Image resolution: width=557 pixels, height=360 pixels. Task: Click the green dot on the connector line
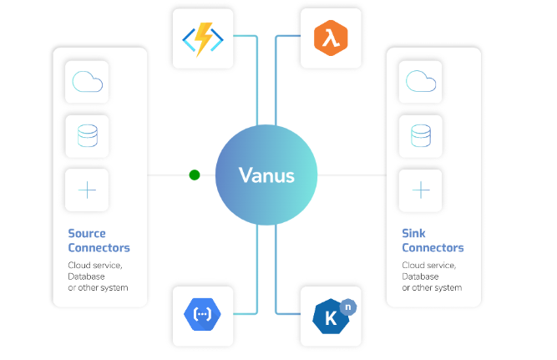point(195,175)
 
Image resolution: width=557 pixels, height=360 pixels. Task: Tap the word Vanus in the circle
point(266,175)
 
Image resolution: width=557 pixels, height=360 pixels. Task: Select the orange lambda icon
point(330,38)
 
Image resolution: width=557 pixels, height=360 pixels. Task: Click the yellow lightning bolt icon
point(203,38)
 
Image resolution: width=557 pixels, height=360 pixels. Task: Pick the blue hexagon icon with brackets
point(203,316)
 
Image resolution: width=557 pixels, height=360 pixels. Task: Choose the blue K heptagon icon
point(328,317)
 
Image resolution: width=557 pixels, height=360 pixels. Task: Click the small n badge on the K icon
point(347,306)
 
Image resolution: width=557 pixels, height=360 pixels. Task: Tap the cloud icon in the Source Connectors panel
point(87,81)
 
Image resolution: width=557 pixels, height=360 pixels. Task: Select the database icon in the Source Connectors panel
point(87,135)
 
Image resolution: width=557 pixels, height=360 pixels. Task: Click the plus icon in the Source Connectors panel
point(87,190)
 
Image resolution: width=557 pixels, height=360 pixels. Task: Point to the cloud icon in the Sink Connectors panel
point(421,81)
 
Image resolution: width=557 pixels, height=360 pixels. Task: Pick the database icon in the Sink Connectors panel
point(421,135)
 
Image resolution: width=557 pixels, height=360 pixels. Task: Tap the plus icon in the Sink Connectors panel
point(421,190)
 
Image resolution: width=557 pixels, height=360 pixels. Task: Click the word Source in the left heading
point(87,233)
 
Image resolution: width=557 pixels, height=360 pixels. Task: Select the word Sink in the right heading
point(414,233)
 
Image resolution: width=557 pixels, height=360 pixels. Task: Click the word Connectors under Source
point(99,248)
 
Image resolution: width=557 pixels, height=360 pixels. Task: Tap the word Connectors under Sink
point(433,248)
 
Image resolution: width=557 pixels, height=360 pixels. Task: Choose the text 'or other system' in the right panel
point(432,287)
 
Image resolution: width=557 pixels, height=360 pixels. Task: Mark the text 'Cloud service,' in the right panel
point(429,266)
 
